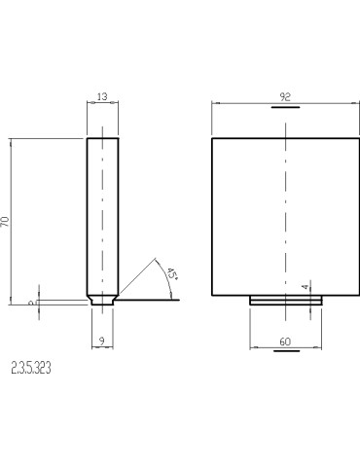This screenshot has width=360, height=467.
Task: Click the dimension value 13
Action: [x=103, y=97]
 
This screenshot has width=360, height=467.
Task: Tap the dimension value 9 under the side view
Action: [x=103, y=340]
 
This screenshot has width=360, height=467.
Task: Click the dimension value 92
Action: [x=285, y=97]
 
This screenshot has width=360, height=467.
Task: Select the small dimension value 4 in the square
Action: [x=306, y=286]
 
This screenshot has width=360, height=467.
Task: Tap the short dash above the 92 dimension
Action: [x=285, y=108]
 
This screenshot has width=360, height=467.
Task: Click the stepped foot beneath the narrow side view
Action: [x=103, y=301]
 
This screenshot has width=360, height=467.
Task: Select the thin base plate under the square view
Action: [x=285, y=300]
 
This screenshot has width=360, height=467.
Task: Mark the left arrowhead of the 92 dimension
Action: [x=215, y=103]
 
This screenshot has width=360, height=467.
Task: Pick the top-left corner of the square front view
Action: [x=212, y=139]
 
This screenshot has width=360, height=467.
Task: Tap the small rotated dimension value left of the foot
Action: [x=32, y=303]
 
